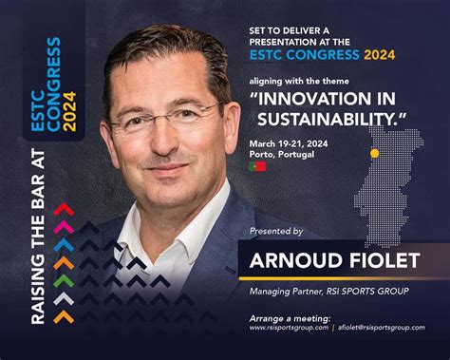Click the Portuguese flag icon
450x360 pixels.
pyautogui.click(x=256, y=165)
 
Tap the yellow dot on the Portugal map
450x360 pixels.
pyautogui.click(x=374, y=152)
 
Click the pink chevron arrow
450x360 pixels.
pyautogui.click(x=64, y=226)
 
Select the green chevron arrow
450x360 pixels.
pyautogui.click(x=64, y=279)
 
